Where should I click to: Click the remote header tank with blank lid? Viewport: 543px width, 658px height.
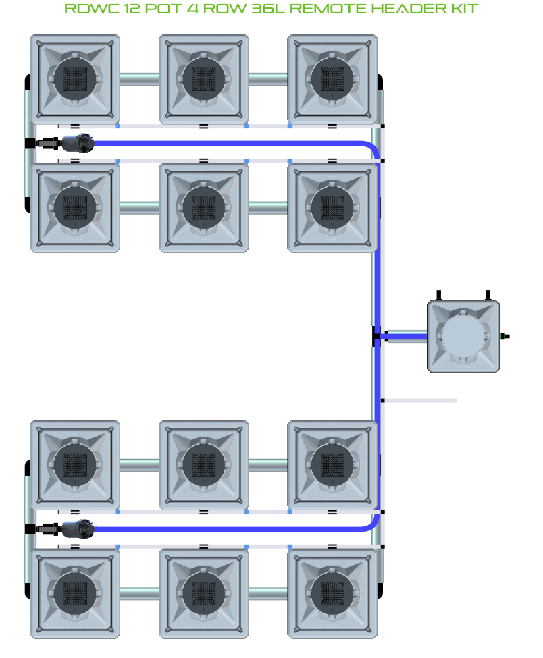coord(464,335)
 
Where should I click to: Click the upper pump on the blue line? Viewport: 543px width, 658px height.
coord(80,143)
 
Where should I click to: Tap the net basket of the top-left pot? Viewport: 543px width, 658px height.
coord(75,78)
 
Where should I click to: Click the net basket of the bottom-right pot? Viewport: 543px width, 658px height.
coord(332,593)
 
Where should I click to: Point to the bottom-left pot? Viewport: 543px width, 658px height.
coord(75,593)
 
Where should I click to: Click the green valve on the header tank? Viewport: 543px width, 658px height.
coord(502,335)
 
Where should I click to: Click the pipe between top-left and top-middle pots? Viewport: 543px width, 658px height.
coord(139,78)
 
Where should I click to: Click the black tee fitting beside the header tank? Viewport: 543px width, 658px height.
coord(376,336)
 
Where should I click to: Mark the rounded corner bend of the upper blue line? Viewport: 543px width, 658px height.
coord(371,148)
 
